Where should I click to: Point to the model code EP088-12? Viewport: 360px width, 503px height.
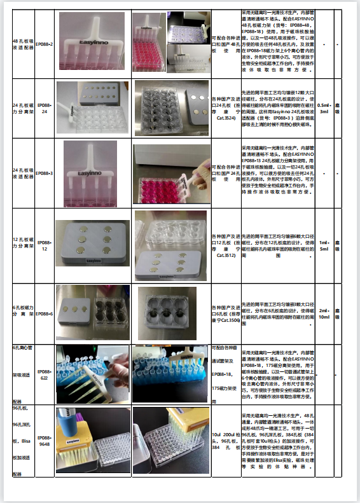click(x=45, y=245)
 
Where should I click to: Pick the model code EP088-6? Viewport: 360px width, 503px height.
click(x=45, y=314)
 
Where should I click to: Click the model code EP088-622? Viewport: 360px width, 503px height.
click(x=45, y=375)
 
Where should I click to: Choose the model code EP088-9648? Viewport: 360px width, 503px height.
click(x=45, y=441)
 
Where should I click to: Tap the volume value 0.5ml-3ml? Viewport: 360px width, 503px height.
click(x=323, y=108)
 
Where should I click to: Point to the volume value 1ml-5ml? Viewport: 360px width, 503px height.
click(x=323, y=245)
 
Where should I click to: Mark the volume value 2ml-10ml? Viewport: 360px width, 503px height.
click(x=323, y=314)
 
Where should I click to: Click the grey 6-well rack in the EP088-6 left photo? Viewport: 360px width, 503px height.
click(x=75, y=310)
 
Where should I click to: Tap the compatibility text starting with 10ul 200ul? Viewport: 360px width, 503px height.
click(x=225, y=441)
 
